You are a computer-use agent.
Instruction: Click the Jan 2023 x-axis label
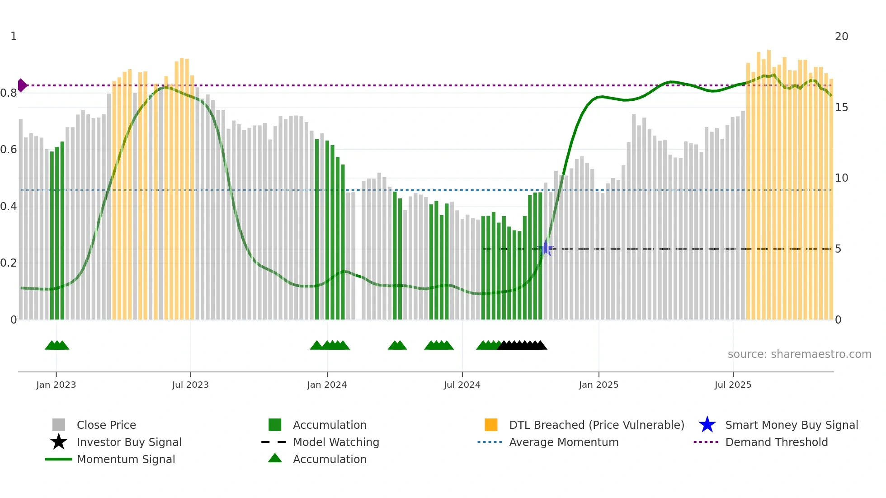pyautogui.click(x=56, y=385)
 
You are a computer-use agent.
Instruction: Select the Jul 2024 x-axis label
pyautogui.click(x=462, y=385)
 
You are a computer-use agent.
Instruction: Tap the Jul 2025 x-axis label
pyautogui.click(x=733, y=385)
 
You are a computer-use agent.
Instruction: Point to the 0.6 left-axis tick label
pyautogui.click(x=9, y=150)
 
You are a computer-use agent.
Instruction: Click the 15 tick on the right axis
pyautogui.click(x=841, y=108)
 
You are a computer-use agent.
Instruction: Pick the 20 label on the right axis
pyautogui.click(x=841, y=37)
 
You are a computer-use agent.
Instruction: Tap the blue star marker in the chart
pyautogui.click(x=546, y=248)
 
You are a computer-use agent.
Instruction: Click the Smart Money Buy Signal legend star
pyautogui.click(x=707, y=425)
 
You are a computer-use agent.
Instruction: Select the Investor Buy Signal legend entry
pyautogui.click(x=129, y=442)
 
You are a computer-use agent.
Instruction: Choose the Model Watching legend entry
pyautogui.click(x=336, y=442)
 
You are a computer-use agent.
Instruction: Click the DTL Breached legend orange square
pyautogui.click(x=491, y=425)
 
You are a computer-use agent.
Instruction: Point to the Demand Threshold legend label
pyautogui.click(x=776, y=442)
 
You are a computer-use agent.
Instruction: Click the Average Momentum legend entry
pyautogui.click(x=564, y=442)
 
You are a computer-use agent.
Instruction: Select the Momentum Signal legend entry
pyautogui.click(x=126, y=459)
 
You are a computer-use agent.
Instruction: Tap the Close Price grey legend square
pyautogui.click(x=59, y=425)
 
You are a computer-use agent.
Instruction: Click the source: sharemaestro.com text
pyautogui.click(x=799, y=354)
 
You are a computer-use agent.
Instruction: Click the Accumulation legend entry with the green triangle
pyautogui.click(x=330, y=459)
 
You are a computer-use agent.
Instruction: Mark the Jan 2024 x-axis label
pyautogui.click(x=327, y=385)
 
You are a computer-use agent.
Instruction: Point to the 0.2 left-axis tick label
pyautogui.click(x=9, y=263)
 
